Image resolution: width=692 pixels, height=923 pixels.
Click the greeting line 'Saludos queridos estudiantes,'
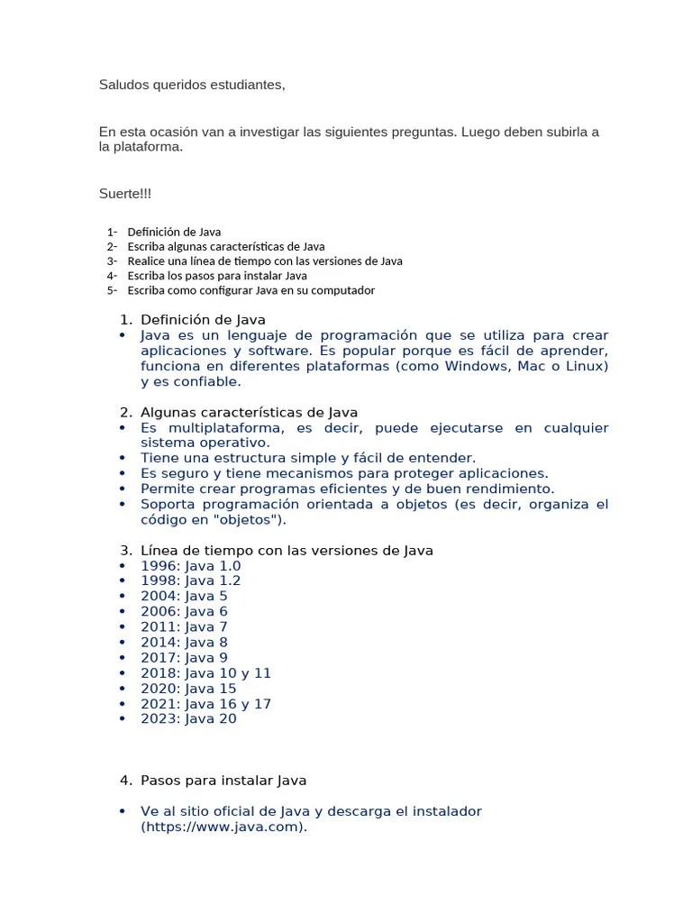point(192,86)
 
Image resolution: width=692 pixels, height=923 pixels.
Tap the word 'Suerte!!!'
point(127,193)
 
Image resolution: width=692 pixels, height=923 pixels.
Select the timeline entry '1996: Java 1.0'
point(190,566)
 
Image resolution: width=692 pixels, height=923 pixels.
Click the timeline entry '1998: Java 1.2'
point(190,581)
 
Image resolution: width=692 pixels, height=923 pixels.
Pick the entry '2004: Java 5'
point(184,597)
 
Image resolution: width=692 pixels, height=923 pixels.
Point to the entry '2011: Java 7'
point(184,627)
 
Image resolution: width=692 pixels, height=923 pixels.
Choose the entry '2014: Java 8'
point(184,643)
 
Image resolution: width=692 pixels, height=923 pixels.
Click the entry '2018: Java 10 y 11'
point(205,673)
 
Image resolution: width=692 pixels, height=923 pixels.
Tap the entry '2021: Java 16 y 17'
point(205,704)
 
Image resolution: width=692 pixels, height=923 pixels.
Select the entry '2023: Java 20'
point(188,719)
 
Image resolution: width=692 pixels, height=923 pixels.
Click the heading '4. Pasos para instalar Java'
point(223,781)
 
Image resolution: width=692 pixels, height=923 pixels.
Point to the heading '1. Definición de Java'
point(202,319)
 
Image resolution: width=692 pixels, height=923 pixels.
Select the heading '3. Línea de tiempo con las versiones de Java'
point(287,551)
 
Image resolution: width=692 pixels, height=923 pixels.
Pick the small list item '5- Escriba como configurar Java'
point(250,290)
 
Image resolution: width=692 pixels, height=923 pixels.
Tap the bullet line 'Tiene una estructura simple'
point(307,458)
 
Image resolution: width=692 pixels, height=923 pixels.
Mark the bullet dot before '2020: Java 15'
point(123,689)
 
